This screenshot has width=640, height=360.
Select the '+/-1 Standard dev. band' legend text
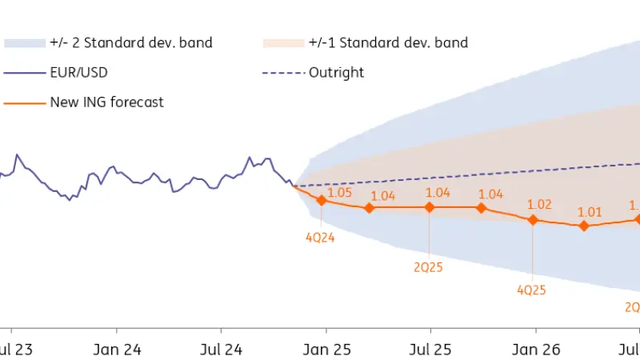point(388,42)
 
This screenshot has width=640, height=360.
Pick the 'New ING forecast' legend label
point(107,102)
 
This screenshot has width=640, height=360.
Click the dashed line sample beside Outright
point(284,73)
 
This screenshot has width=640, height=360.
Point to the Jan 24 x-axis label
point(117,350)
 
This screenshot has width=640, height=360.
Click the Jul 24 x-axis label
point(221,350)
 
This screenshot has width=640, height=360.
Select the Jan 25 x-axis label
point(326,350)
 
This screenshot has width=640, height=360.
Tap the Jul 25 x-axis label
point(430,350)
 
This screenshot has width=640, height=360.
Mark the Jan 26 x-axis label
point(535,350)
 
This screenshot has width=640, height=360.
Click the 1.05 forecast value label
point(340,193)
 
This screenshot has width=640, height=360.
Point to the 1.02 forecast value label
point(540,205)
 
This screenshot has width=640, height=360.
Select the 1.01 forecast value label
point(590,212)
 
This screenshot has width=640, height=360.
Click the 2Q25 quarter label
point(428,266)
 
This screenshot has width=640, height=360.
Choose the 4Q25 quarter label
point(531,290)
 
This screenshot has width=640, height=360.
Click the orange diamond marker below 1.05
point(322,200)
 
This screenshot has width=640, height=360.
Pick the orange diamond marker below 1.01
point(584,226)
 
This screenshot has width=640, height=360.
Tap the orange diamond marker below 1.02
point(534,220)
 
